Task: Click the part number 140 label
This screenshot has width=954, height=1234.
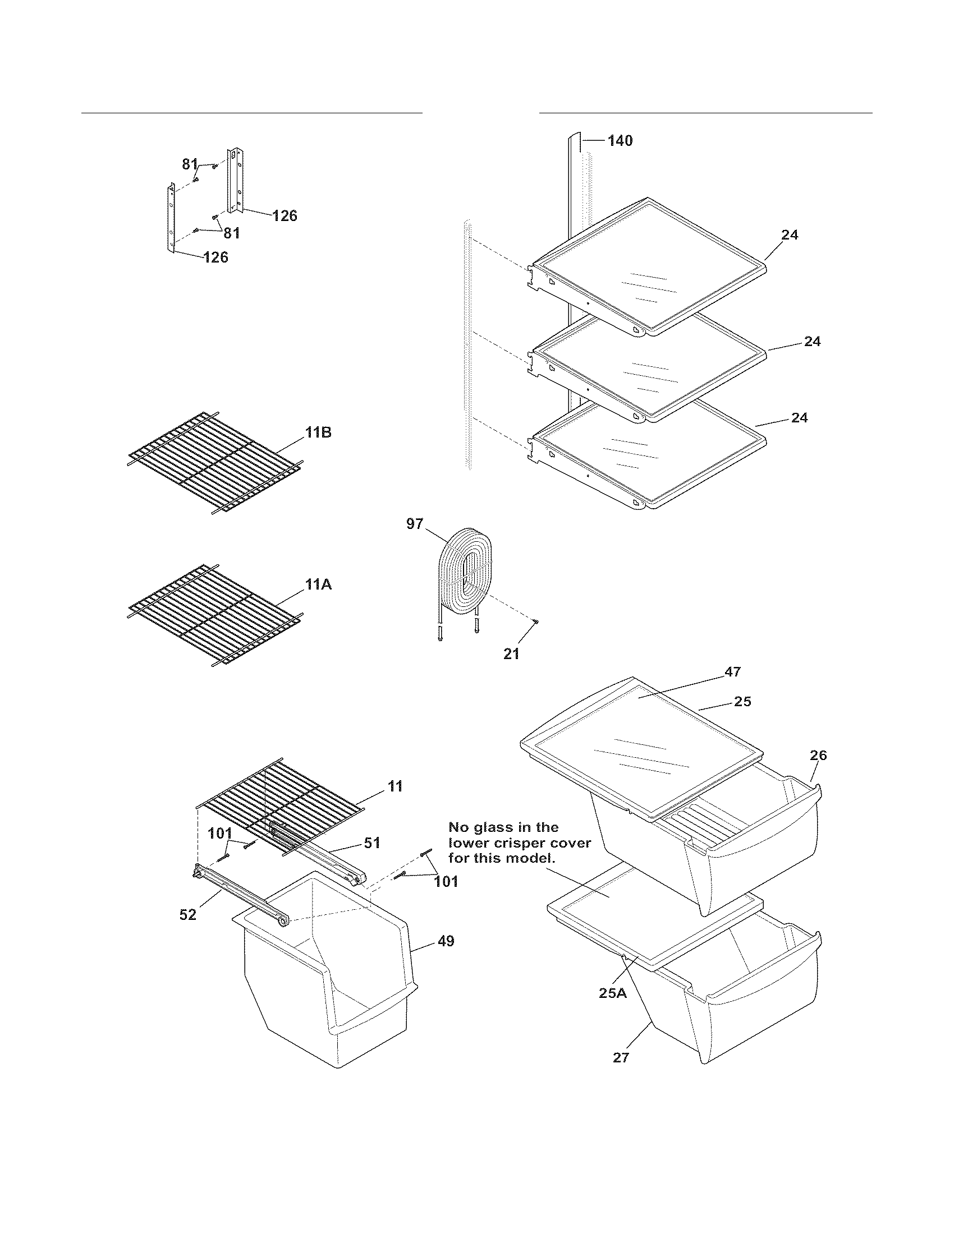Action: [x=620, y=141]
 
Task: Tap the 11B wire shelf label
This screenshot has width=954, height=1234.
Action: [x=318, y=434]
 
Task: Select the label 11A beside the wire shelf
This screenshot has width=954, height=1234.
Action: [x=318, y=586]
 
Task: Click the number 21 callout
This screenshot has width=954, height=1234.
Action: [x=511, y=653]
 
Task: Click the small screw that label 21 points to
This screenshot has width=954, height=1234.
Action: [x=536, y=621]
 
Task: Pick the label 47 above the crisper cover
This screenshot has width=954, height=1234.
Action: [x=732, y=672]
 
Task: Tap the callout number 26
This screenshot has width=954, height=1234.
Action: [x=818, y=756]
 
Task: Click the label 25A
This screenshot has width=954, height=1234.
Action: [x=613, y=993]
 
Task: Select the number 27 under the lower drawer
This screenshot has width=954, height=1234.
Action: [x=621, y=1058]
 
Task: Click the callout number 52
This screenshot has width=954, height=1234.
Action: [x=187, y=915]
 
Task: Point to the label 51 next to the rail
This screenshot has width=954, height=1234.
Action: [x=371, y=843]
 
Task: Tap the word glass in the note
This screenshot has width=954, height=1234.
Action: [x=499, y=827]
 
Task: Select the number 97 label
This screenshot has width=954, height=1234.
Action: [x=414, y=524]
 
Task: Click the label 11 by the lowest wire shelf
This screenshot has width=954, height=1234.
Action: [x=395, y=786]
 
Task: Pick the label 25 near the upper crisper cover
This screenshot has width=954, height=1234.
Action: [x=742, y=701]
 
